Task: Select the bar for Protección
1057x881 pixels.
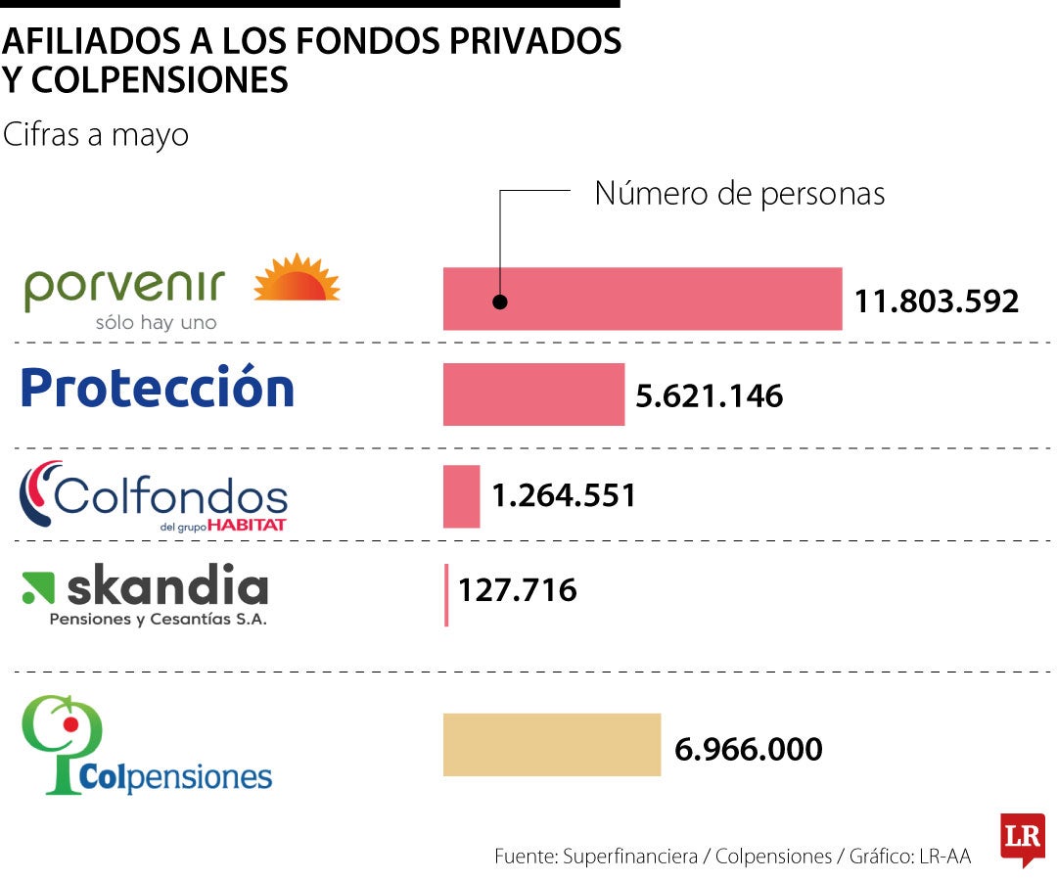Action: click(x=533, y=394)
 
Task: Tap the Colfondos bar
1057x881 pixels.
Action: click(x=461, y=496)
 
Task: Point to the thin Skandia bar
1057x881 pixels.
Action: click(x=446, y=594)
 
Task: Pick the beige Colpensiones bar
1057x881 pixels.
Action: click(x=551, y=745)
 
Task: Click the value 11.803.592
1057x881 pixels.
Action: click(x=937, y=301)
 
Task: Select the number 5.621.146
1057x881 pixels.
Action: click(x=710, y=396)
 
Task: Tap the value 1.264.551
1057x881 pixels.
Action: click(x=564, y=496)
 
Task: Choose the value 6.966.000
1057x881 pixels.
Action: click(x=749, y=750)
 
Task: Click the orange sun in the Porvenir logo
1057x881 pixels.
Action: click(x=297, y=278)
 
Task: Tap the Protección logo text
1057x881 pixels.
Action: click(x=158, y=388)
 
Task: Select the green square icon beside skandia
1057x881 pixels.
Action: click(x=38, y=587)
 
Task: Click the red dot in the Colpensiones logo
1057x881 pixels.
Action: click(x=69, y=724)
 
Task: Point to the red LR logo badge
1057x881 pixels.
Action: click(x=1022, y=839)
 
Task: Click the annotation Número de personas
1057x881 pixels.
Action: click(x=739, y=194)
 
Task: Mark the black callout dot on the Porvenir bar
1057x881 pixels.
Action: click(x=500, y=301)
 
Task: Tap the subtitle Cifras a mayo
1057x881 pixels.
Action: click(x=96, y=135)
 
